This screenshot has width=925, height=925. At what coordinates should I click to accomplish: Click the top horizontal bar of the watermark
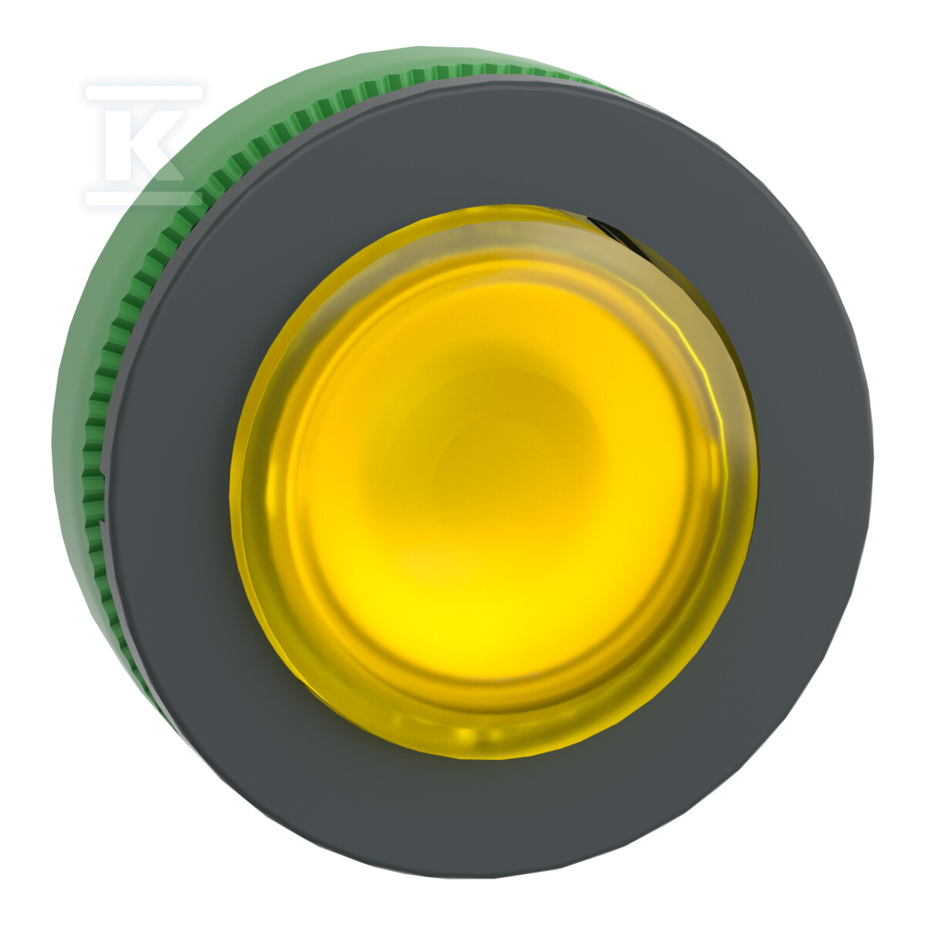[x=144, y=92]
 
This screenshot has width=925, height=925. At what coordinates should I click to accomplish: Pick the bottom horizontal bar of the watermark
[x=143, y=198]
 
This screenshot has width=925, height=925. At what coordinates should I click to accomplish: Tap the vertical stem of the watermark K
[x=115, y=144]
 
